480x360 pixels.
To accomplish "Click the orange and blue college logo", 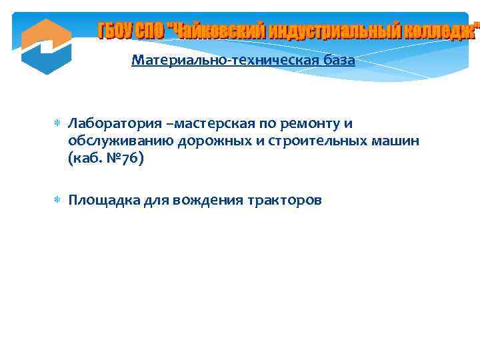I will click(x=46, y=46).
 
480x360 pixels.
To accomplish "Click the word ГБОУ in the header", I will click(x=115, y=31).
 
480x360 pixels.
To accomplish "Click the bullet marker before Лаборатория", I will click(x=57, y=124).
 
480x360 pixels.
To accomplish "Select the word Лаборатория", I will click(x=107, y=124).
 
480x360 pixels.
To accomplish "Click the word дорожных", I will click(x=211, y=141).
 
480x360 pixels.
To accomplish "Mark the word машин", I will click(x=395, y=141).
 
